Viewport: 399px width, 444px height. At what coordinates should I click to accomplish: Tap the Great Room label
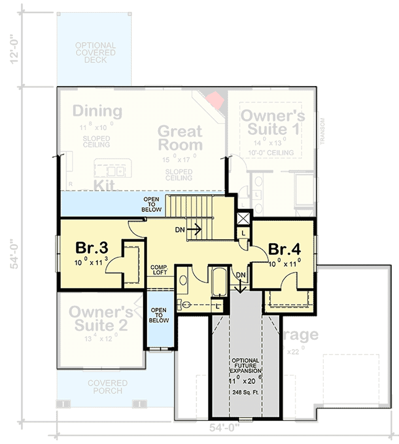click(180, 138)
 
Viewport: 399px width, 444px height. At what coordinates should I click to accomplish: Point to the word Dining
click(97, 111)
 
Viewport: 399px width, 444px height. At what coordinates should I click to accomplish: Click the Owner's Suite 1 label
click(272, 123)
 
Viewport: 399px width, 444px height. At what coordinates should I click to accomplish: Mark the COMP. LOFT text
click(159, 270)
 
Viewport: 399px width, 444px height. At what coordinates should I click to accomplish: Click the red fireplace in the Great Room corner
click(215, 100)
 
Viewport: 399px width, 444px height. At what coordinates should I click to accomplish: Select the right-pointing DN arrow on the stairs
click(194, 228)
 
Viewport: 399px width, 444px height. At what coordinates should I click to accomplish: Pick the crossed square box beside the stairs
click(243, 218)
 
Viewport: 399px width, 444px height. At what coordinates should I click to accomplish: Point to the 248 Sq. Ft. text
click(245, 392)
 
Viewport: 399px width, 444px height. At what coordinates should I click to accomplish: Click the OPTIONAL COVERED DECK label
click(95, 53)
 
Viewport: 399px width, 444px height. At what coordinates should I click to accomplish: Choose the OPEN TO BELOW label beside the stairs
click(152, 205)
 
